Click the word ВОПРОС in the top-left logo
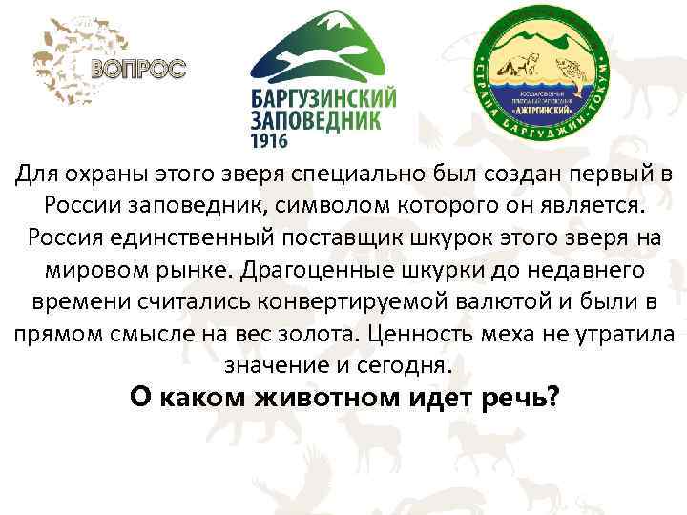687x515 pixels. [x=138, y=68]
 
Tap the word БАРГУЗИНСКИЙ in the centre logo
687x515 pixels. [x=323, y=99]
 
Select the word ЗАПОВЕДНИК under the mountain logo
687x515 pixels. [x=315, y=122]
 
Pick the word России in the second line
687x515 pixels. [x=83, y=206]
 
